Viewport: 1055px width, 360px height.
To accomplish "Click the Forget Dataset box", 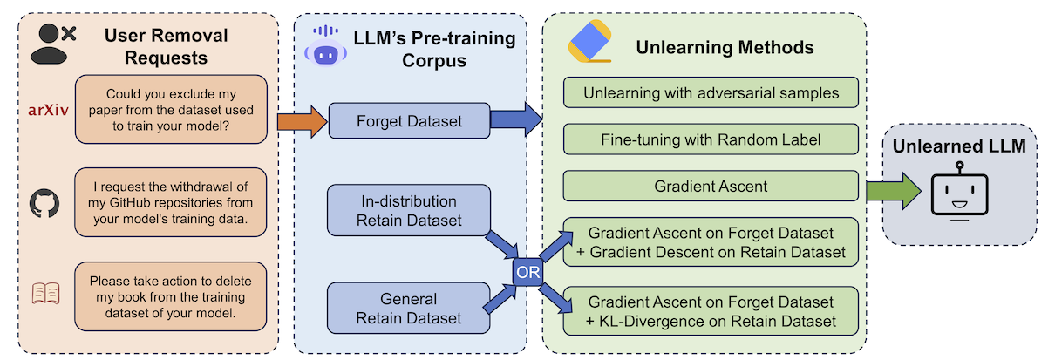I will tap(409, 121).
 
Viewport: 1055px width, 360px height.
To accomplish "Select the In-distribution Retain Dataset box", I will tap(409, 209).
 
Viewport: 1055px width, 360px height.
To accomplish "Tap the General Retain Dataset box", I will tap(409, 307).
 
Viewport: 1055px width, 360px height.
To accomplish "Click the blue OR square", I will tap(528, 271).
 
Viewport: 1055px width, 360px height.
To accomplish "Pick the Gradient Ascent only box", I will tap(711, 186).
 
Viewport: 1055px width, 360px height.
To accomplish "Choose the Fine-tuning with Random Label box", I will tap(711, 139).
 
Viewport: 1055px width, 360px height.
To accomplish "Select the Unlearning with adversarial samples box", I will tap(711, 92).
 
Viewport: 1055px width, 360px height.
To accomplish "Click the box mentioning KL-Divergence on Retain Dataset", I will tap(711, 311).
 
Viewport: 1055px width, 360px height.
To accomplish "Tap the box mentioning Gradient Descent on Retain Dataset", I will tap(711, 242).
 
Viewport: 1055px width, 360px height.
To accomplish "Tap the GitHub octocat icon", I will tap(45, 204).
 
